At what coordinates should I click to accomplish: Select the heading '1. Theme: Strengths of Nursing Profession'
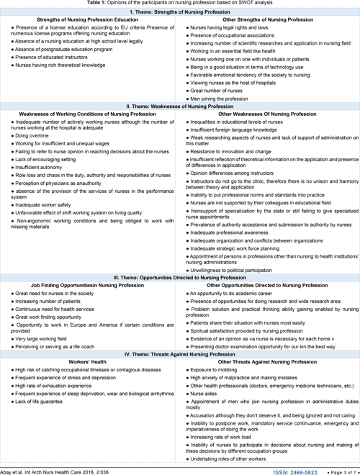179,12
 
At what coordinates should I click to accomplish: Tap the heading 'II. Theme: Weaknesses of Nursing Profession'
179,107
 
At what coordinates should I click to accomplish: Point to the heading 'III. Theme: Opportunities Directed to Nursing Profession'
179,277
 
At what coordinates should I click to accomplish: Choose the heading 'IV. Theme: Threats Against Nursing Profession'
179,353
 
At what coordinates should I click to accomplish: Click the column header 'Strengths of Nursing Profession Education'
89,19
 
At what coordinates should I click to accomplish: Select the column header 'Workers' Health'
89,361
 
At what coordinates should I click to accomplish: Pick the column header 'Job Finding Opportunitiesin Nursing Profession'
89,286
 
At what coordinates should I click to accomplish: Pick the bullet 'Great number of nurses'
217,91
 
